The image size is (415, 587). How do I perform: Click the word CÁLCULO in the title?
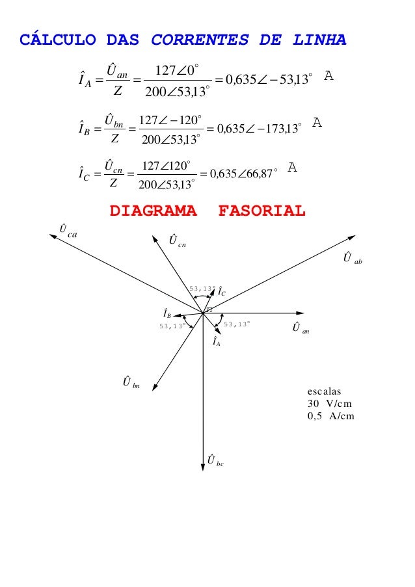pos(58,40)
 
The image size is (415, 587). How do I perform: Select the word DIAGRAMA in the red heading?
pos(154,211)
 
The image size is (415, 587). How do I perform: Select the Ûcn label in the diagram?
pos(175,241)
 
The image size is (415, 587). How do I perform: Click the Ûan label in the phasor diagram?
pos(300,328)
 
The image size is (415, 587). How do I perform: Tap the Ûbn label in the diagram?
pos(131,382)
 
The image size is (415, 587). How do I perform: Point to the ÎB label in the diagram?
pos(167,314)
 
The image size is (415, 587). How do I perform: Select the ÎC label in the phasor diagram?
pos(222,291)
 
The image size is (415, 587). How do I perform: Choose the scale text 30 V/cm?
pos(329,404)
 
